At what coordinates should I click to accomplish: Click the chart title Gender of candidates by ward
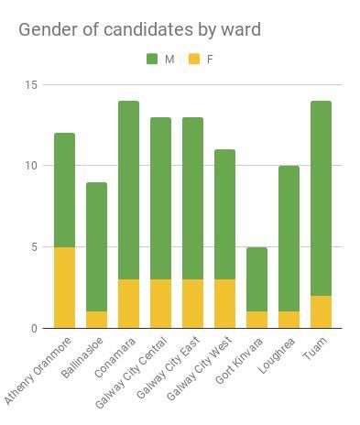point(139,29)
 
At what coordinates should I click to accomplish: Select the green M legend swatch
point(152,60)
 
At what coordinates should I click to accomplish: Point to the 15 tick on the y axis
point(32,85)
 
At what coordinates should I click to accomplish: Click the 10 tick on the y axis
point(32,166)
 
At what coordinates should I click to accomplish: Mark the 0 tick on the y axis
point(35,328)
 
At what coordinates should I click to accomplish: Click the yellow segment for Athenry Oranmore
point(64,287)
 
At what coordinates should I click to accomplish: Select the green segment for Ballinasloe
point(96,247)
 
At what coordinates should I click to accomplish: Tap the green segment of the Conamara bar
point(128,190)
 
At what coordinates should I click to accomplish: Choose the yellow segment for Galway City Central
point(160,303)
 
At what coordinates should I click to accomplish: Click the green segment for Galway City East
point(192,198)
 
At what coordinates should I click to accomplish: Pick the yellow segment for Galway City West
point(224,303)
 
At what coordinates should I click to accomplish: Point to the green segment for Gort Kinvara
point(256,279)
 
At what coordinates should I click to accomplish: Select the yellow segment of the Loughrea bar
point(289,320)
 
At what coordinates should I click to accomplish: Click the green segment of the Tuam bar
point(321,198)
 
